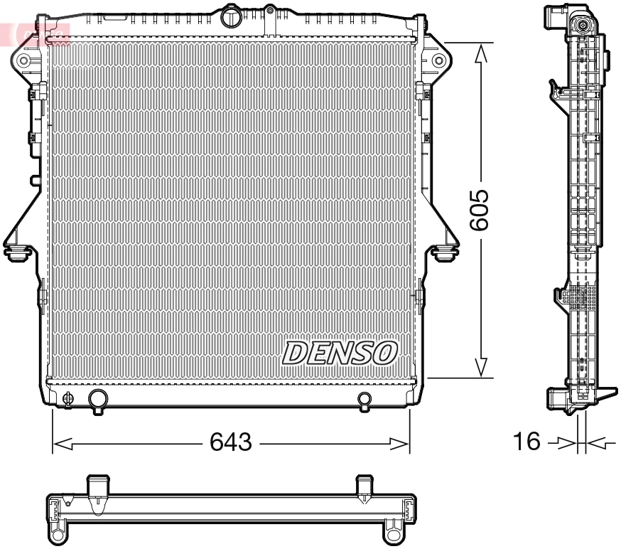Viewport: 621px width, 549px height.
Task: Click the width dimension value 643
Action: [231, 442]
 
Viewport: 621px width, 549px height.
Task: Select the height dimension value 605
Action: [480, 210]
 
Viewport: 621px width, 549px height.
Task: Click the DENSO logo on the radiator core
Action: [340, 352]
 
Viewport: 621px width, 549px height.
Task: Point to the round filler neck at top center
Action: [231, 16]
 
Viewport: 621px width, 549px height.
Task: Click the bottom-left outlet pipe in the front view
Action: [97, 400]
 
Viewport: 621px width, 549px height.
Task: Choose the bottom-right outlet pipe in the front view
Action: [364, 400]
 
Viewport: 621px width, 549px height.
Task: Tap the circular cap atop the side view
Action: [583, 27]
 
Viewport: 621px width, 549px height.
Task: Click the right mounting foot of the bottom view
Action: [393, 531]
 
